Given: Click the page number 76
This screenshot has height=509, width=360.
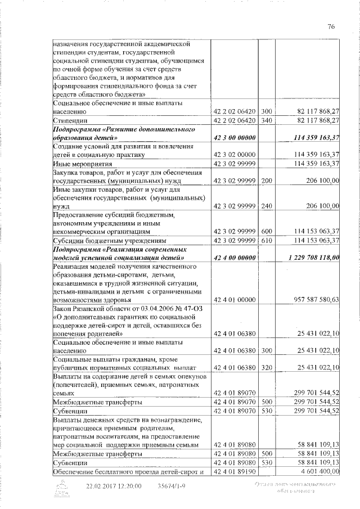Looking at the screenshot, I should pos(331,26).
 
